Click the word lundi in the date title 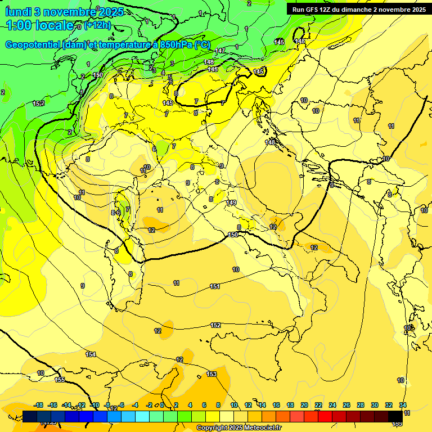click(18, 11)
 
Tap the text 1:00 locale click(39, 25)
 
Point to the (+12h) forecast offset click(97, 25)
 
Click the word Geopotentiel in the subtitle click(34, 44)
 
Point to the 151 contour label click(215, 287)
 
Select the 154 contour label click(91, 354)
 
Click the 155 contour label click(60, 380)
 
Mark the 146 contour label click(209, 62)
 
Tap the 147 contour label click(220, 51)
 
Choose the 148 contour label click(271, 142)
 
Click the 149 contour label click(232, 202)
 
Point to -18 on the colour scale click(39, 405)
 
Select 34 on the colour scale click(403, 405)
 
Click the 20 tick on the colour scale click(304, 405)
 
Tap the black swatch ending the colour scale click(395, 416)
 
